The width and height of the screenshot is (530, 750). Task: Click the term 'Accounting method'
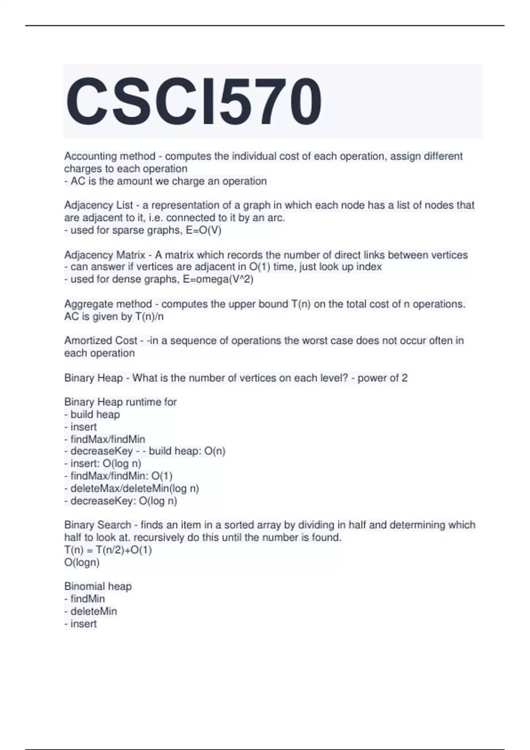tap(110, 156)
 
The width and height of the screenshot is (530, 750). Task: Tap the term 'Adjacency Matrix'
tap(105, 255)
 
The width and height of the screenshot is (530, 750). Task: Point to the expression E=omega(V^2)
tap(218, 280)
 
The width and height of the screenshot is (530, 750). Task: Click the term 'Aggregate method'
tap(108, 304)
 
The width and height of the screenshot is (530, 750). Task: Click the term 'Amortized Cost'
tap(101, 341)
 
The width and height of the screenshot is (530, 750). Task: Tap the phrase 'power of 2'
tap(382, 378)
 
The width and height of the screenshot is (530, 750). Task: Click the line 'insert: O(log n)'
tap(105, 464)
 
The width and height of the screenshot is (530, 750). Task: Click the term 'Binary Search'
tap(98, 525)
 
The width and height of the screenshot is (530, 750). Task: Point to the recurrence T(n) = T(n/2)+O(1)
tap(108, 550)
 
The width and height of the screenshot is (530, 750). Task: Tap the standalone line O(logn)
tap(82, 562)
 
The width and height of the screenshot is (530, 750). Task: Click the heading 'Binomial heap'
tap(98, 586)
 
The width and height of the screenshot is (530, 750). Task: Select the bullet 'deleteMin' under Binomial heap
tap(93, 611)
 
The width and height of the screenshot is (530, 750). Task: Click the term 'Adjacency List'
tap(98, 205)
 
